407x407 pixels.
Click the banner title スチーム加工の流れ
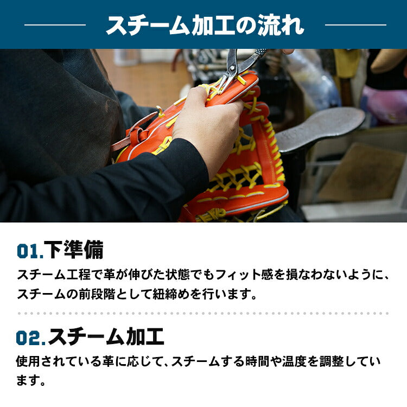(205, 25)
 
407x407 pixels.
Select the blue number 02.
(30, 338)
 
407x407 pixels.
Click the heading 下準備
(74, 250)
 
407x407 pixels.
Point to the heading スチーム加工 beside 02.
(106, 336)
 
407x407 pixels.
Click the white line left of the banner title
(55, 25)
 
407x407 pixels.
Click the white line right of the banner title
(355, 25)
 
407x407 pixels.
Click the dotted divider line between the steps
(203, 313)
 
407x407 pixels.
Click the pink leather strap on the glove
(132, 131)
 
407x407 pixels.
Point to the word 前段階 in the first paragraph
(97, 294)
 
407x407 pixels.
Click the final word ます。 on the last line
(31, 380)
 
